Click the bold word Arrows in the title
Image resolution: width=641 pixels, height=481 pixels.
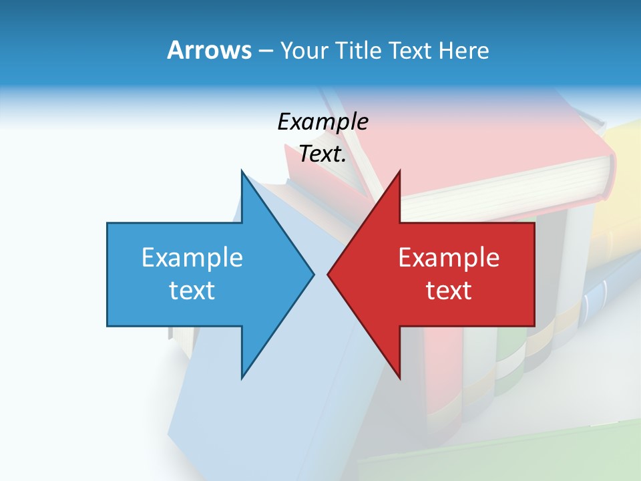(209, 51)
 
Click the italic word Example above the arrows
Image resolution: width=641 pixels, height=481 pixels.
(323, 122)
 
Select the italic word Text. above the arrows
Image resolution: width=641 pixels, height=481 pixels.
(323, 154)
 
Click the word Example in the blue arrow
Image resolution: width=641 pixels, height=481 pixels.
(192, 258)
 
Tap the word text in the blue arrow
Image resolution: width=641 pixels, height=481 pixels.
(192, 291)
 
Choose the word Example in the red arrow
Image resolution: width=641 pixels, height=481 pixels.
(449, 258)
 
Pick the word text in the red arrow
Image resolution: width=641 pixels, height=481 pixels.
(449, 291)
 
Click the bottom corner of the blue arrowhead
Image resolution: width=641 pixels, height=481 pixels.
(242, 377)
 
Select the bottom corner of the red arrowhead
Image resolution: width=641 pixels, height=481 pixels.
(399, 377)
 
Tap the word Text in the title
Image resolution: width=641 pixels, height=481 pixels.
(412, 51)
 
